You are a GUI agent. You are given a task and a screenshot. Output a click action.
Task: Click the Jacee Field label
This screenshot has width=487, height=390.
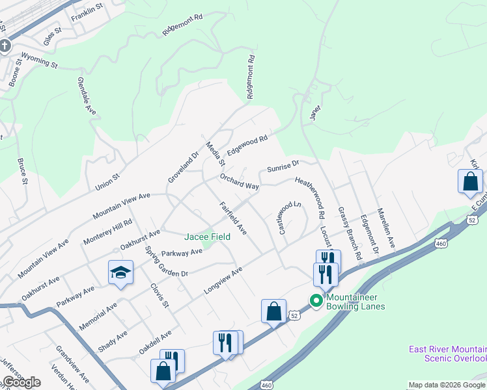(207, 237)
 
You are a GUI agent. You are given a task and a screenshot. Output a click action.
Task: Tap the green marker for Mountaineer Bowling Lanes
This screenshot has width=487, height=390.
(316, 300)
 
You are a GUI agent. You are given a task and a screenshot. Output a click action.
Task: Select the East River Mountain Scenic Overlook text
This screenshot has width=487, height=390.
(447, 354)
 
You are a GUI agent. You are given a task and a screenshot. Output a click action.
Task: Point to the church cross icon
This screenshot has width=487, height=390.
(5, 46)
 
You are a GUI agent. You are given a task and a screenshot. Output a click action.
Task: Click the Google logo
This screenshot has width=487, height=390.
(21, 382)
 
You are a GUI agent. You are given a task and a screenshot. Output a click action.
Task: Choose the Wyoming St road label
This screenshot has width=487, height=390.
(40, 61)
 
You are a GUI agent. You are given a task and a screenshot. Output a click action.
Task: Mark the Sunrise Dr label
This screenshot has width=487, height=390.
(283, 166)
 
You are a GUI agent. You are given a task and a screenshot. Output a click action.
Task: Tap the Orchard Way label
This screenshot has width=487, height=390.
(239, 181)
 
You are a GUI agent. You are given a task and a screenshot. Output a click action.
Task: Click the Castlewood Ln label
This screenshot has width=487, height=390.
(290, 218)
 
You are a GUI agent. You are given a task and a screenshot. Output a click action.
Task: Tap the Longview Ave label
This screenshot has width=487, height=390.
(223, 279)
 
